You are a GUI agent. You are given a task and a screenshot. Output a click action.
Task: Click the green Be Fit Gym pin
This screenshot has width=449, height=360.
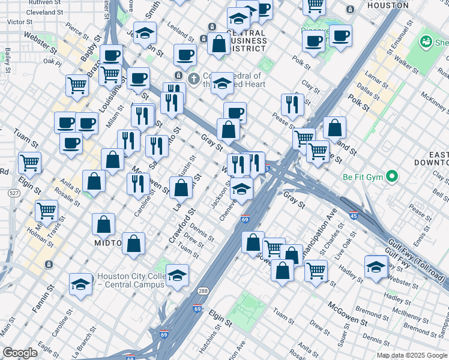point(393,177)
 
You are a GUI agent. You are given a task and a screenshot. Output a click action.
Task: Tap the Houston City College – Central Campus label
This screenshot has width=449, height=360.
point(130,280)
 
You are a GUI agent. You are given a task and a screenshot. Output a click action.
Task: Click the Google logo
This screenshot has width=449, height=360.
point(20,353)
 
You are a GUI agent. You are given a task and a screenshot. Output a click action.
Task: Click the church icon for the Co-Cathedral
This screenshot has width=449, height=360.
point(194,79)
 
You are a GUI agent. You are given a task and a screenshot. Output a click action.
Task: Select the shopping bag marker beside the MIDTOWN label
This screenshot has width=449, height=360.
point(104,224)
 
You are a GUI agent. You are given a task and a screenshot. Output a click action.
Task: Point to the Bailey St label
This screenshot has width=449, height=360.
point(8,59)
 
